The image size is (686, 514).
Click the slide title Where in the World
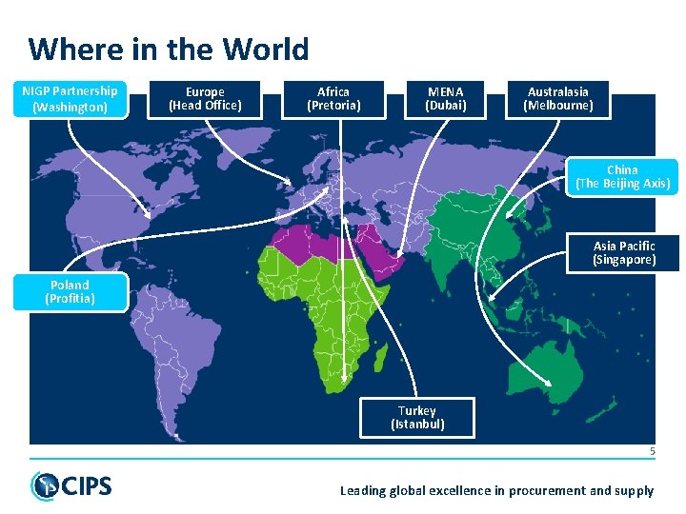[169, 49]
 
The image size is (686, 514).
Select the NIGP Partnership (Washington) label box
[70, 99]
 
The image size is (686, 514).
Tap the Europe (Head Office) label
[205, 99]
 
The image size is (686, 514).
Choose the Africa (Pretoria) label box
[333, 99]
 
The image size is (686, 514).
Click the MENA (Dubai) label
[446, 99]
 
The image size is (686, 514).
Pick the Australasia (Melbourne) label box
[558, 99]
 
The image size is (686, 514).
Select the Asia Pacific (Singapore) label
[624, 253]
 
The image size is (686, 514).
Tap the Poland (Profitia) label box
[70, 292]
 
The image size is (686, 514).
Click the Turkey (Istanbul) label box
[417, 418]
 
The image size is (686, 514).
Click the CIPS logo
[71, 486]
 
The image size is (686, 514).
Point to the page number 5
[653, 451]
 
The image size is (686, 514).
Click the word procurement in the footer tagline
[539, 491]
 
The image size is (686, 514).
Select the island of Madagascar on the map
[380, 359]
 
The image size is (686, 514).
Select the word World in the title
[268, 49]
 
